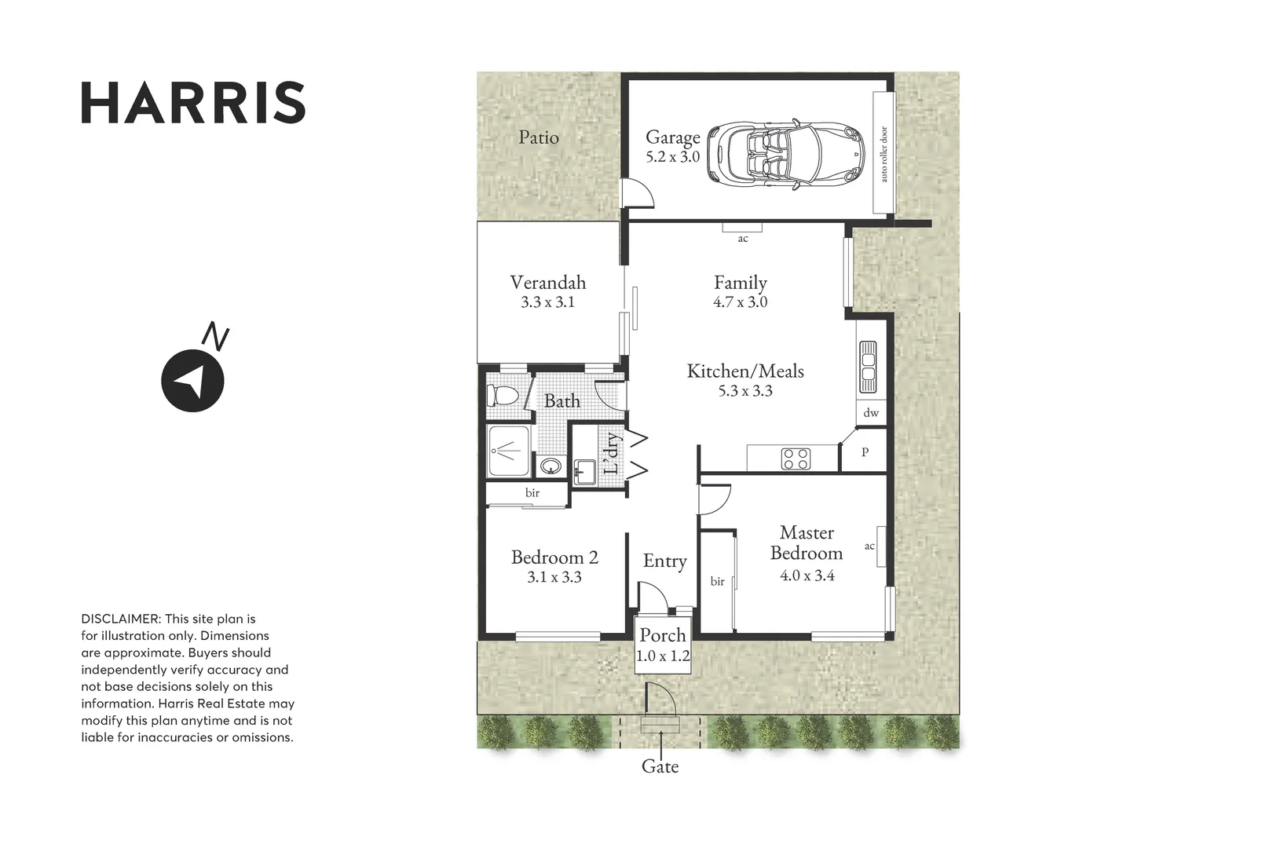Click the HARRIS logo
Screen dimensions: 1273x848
193,103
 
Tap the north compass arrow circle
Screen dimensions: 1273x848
192,380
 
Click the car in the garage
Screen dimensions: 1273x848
786,153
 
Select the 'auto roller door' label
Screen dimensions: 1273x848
883,154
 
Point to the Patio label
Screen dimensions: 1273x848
538,137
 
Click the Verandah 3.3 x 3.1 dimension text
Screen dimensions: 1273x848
548,302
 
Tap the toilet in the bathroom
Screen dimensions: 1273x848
503,395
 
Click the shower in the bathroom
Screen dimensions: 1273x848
509,451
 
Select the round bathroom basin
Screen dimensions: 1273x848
551,466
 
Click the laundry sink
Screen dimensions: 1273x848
584,473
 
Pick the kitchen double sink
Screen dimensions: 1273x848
868,367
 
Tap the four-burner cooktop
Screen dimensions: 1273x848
796,459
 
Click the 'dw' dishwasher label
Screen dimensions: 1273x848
871,413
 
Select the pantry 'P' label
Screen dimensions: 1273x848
865,451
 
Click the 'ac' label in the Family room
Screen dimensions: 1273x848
743,239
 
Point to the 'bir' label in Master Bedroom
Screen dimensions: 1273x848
717,581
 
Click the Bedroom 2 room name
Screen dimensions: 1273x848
554,557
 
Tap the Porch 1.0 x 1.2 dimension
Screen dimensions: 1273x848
663,656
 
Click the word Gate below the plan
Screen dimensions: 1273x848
660,766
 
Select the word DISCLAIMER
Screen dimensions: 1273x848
121,619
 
